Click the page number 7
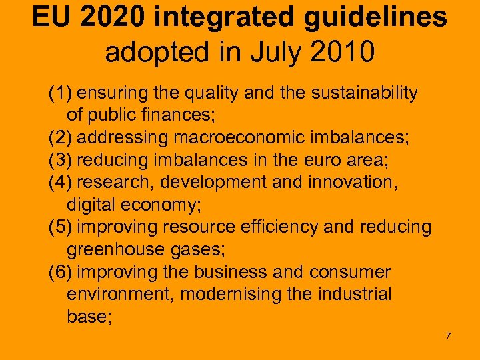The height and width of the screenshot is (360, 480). (x=449, y=335)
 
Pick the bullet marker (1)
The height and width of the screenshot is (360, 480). (x=61, y=93)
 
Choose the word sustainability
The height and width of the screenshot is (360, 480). (x=361, y=93)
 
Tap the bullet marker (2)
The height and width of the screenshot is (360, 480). (x=61, y=138)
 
